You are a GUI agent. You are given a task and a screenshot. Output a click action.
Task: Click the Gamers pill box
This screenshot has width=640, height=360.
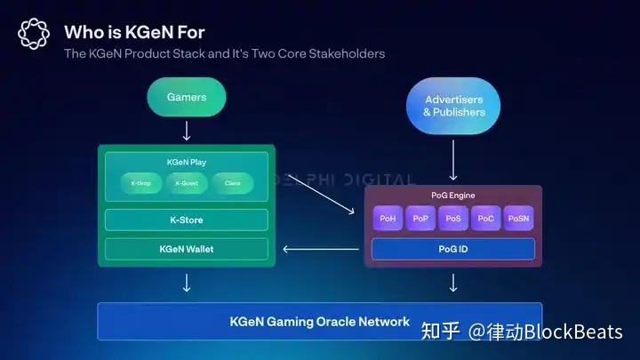tap(186, 97)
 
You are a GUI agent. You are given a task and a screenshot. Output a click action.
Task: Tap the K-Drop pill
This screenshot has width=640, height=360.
tap(141, 184)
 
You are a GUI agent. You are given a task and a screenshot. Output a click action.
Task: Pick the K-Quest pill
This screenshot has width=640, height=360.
tap(187, 184)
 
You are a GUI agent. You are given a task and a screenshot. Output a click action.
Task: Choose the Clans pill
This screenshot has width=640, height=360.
tap(232, 184)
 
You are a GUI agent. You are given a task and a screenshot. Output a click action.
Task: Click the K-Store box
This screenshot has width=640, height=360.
tap(186, 220)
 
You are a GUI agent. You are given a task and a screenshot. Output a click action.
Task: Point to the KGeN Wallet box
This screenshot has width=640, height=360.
tap(186, 249)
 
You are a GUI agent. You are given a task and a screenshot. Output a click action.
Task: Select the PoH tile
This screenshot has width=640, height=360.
tap(388, 218)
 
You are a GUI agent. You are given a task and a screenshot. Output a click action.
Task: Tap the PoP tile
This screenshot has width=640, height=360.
tap(420, 218)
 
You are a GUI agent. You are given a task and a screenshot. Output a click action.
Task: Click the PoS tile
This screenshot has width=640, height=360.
tap(453, 218)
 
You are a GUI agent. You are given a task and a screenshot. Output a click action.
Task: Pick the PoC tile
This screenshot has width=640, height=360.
tap(485, 218)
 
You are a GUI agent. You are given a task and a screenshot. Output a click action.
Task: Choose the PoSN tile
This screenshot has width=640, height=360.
tap(518, 218)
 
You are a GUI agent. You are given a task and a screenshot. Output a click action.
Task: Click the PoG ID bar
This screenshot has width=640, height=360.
tap(453, 249)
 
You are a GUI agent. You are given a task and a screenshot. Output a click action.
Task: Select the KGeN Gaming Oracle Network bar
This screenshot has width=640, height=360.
tap(320, 321)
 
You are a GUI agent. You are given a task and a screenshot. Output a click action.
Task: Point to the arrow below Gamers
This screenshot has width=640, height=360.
tap(186, 131)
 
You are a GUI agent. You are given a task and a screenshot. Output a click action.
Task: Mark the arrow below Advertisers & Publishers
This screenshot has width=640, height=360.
tap(453, 163)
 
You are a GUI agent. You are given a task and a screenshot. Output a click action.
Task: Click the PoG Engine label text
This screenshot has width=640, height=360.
tap(453, 195)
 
